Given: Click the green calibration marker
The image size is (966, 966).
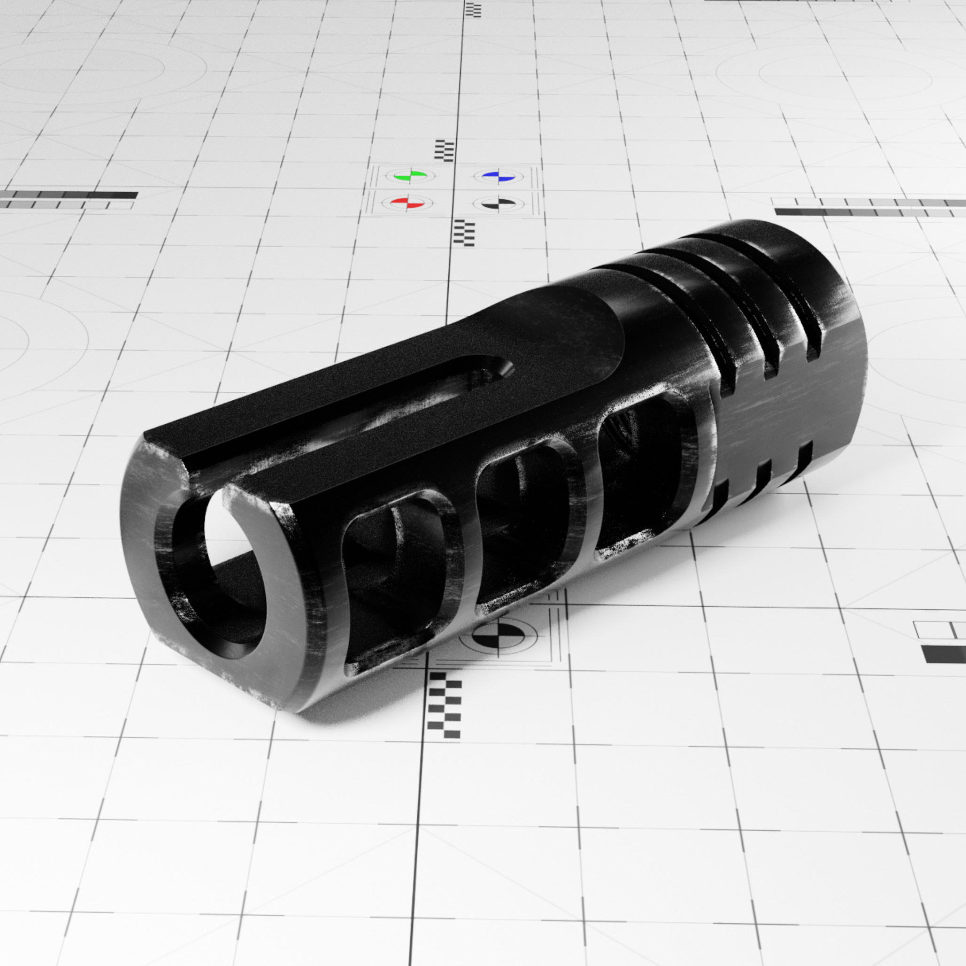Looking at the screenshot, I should click(x=410, y=176).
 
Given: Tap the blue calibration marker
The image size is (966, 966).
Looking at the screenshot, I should click(x=498, y=176).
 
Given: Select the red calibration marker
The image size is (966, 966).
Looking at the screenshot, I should click(x=407, y=203).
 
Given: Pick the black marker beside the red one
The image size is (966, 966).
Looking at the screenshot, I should click(x=499, y=203).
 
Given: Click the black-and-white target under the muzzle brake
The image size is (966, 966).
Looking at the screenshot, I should click(x=498, y=636).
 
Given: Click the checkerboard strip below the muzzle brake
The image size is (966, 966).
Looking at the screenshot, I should click(x=444, y=705).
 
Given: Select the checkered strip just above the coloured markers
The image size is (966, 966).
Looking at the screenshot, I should click(x=444, y=150).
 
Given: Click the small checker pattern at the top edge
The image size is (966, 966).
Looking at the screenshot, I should click(x=473, y=9).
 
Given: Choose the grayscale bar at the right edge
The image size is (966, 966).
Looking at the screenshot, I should click(x=870, y=207).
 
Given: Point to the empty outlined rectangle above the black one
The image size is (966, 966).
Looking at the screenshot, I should click(x=940, y=630).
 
